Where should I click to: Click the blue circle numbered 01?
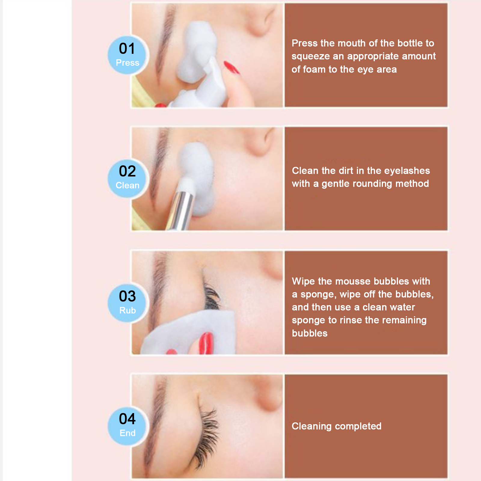tap(127, 55)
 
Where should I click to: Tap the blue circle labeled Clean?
tap(127, 179)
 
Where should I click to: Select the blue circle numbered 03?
tap(127, 303)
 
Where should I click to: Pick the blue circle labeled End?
tap(127, 426)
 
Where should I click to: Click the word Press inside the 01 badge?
tap(127, 63)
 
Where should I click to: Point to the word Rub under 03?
tap(127, 310)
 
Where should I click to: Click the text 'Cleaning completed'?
tap(336, 426)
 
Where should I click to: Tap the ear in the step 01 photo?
tap(265, 21)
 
